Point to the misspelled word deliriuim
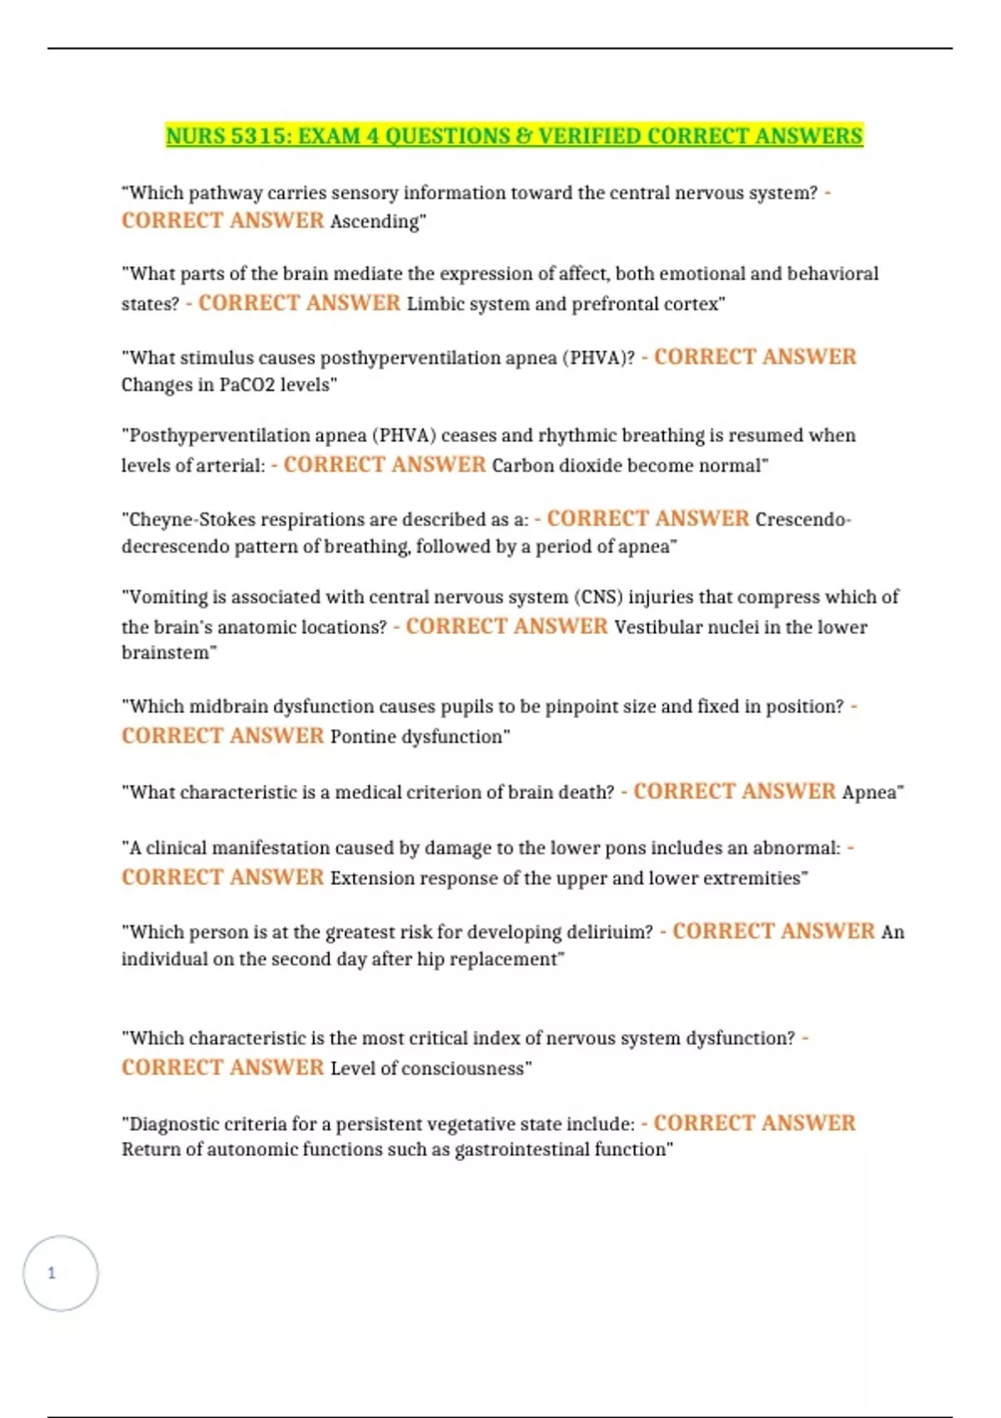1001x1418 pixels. tap(610, 932)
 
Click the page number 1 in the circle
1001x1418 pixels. tap(52, 1273)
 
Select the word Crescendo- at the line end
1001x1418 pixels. tap(802, 519)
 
